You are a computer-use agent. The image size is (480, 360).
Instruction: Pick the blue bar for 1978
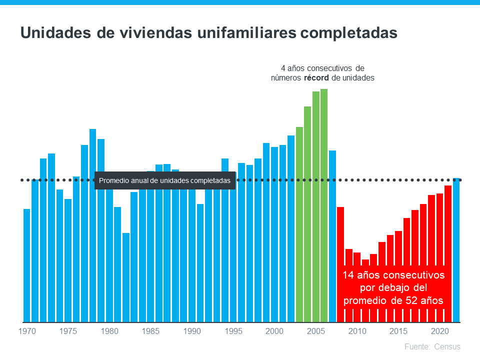[x=92, y=225]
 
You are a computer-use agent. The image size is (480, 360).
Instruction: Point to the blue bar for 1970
[x=26, y=265]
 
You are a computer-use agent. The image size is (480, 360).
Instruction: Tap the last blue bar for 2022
[x=456, y=250]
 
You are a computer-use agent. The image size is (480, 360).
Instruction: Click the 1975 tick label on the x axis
[x=68, y=331]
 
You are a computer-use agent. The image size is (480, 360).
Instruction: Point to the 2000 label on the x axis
[x=274, y=331]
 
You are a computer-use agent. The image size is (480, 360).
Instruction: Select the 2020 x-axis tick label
[x=439, y=331]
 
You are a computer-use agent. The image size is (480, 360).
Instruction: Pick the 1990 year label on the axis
[x=192, y=331]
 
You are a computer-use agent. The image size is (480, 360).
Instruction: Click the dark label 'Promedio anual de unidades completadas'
[x=165, y=180]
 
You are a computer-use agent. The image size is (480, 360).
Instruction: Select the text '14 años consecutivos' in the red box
[x=393, y=275]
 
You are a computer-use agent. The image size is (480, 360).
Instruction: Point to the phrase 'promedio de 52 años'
[x=393, y=300]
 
